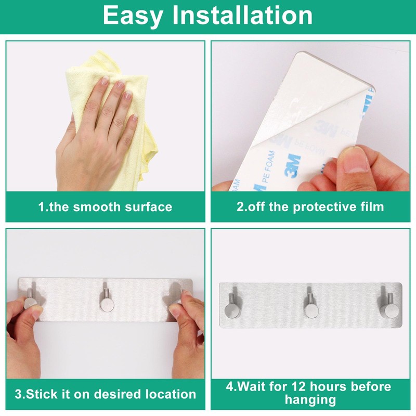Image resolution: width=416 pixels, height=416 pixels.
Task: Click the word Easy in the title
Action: click(133, 17)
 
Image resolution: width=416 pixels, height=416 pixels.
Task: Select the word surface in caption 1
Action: click(149, 207)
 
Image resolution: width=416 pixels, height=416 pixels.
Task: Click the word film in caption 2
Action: click(372, 206)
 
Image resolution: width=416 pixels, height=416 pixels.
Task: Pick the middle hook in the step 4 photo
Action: click(310, 305)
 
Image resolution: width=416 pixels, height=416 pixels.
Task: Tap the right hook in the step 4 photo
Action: click(388, 306)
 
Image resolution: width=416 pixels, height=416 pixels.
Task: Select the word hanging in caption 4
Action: click(310, 400)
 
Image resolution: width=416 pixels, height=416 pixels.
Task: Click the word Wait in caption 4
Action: click(251, 386)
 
